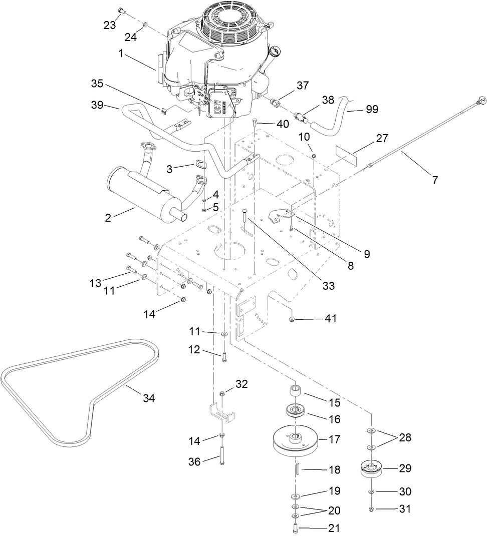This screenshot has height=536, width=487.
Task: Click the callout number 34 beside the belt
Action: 149,398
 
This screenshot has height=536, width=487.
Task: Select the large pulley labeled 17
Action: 295,441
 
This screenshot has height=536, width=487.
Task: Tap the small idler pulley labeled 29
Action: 371,469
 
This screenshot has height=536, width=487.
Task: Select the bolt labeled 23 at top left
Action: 120,10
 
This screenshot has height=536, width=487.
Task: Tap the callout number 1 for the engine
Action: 120,53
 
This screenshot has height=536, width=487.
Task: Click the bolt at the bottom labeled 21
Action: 295,527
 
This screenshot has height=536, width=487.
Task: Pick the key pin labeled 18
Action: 296,469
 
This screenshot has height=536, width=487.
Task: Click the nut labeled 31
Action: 371,509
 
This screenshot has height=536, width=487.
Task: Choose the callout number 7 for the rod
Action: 434,180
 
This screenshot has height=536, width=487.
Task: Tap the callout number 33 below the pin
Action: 328,286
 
